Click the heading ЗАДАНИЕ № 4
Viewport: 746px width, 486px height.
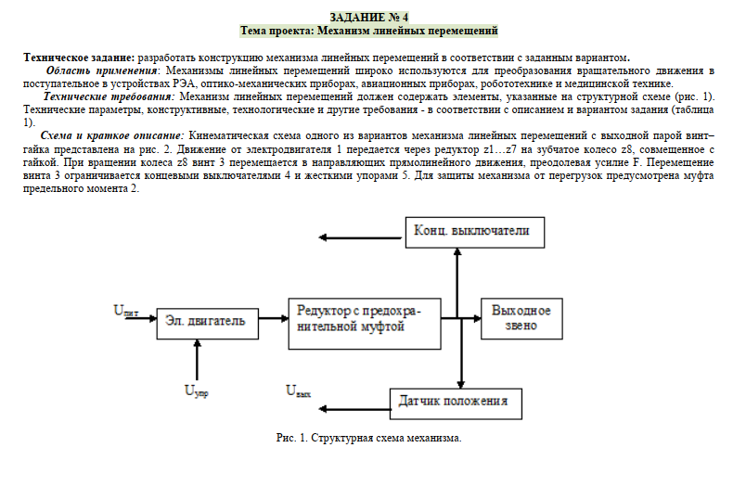(368, 18)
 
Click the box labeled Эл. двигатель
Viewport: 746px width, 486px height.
(206, 321)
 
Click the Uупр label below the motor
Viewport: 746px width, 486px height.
(196, 391)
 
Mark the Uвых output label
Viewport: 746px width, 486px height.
(298, 392)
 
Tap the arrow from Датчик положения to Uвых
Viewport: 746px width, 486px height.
(357, 401)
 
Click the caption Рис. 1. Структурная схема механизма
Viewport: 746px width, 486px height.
(368, 437)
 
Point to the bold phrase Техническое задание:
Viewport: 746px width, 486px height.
(79, 58)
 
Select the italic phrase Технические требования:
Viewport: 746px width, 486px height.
(109, 96)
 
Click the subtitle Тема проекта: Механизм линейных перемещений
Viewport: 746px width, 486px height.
(368, 31)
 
